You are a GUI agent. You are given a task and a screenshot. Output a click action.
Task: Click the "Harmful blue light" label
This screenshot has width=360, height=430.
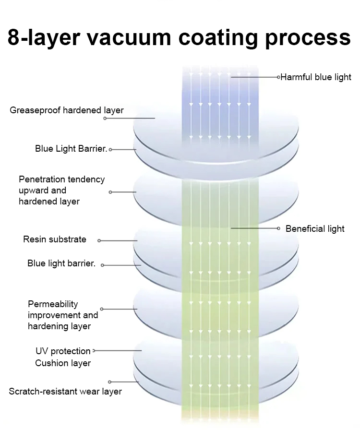coord(316,77)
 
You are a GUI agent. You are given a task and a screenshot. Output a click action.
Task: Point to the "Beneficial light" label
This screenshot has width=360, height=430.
coord(315,228)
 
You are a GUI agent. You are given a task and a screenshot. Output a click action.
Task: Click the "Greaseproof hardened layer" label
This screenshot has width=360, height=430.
coord(67,110)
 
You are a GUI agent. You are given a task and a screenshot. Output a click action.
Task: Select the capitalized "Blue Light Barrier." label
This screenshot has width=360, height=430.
coord(71,149)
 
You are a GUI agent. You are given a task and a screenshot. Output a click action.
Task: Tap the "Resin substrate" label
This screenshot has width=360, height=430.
coord(55,239)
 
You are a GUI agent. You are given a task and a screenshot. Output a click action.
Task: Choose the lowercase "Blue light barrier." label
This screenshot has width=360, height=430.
coord(61,263)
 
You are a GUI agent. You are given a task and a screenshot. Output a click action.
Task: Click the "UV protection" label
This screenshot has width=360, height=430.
coord(63,351)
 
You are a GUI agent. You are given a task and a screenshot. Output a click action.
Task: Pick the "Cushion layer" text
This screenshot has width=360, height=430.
coord(63,363)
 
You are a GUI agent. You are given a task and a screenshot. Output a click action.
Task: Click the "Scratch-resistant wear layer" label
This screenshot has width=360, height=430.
coord(65,392)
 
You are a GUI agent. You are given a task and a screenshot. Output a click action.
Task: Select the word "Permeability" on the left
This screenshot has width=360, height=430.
coord(53,304)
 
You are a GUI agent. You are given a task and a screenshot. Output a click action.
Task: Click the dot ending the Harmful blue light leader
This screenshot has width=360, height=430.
coord(278,77)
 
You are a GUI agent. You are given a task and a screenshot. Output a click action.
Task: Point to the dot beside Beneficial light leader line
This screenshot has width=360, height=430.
coord(278,228)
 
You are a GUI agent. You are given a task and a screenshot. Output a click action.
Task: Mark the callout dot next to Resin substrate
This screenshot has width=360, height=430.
coord(99,240)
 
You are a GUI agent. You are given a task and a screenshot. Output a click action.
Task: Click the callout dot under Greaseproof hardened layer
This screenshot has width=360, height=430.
coord(105,118)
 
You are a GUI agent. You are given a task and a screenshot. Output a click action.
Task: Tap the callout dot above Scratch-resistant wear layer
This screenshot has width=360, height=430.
coord(110,382)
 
